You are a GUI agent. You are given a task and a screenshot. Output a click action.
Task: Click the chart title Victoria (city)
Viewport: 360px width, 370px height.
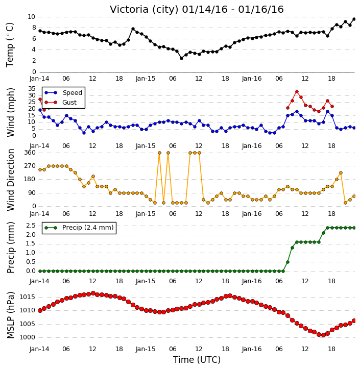pyautogui.click(x=144, y=10)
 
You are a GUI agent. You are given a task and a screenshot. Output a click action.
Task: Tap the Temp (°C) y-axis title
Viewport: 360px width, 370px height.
pyautogui.click(x=10, y=45)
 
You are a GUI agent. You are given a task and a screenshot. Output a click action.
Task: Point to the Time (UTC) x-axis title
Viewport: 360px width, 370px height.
pyautogui.click(x=197, y=360)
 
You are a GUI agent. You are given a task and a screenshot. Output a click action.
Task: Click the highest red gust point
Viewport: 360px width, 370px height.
pyautogui.click(x=297, y=92)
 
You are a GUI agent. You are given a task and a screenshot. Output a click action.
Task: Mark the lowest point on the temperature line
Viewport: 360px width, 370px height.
pyautogui.click(x=182, y=58)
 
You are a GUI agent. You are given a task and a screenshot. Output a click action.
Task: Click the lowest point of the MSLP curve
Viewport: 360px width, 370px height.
pyautogui.click(x=323, y=335)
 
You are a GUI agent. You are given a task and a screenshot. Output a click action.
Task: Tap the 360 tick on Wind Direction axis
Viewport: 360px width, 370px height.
pyautogui.click(x=30, y=153)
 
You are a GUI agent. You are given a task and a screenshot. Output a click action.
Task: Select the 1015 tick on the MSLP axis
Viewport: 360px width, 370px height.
pyautogui.click(x=27, y=297)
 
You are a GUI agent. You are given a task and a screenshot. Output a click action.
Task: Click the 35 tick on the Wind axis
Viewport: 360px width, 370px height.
pyautogui.click(x=32, y=89)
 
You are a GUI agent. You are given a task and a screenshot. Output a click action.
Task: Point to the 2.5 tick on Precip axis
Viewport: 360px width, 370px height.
pyautogui.click(x=31, y=226)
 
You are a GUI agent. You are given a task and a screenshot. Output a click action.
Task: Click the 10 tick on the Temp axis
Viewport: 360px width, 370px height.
pyautogui.click(x=32, y=17)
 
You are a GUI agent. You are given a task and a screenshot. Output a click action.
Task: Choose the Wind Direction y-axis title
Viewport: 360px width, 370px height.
pyautogui.click(x=10, y=180)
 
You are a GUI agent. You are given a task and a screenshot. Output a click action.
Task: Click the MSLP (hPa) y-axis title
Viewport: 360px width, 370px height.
pyautogui.click(x=10, y=315)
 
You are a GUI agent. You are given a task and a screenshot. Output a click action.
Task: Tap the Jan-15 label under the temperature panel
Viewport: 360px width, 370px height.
pyautogui.click(x=146, y=79)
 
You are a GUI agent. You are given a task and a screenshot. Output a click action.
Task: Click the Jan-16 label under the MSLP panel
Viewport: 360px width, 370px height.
pyautogui.click(x=252, y=349)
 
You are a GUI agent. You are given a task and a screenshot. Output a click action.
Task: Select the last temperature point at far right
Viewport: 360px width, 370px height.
pyautogui.click(x=354, y=19)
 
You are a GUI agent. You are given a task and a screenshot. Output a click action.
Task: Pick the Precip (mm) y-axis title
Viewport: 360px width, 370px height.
pyautogui.click(x=10, y=248)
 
